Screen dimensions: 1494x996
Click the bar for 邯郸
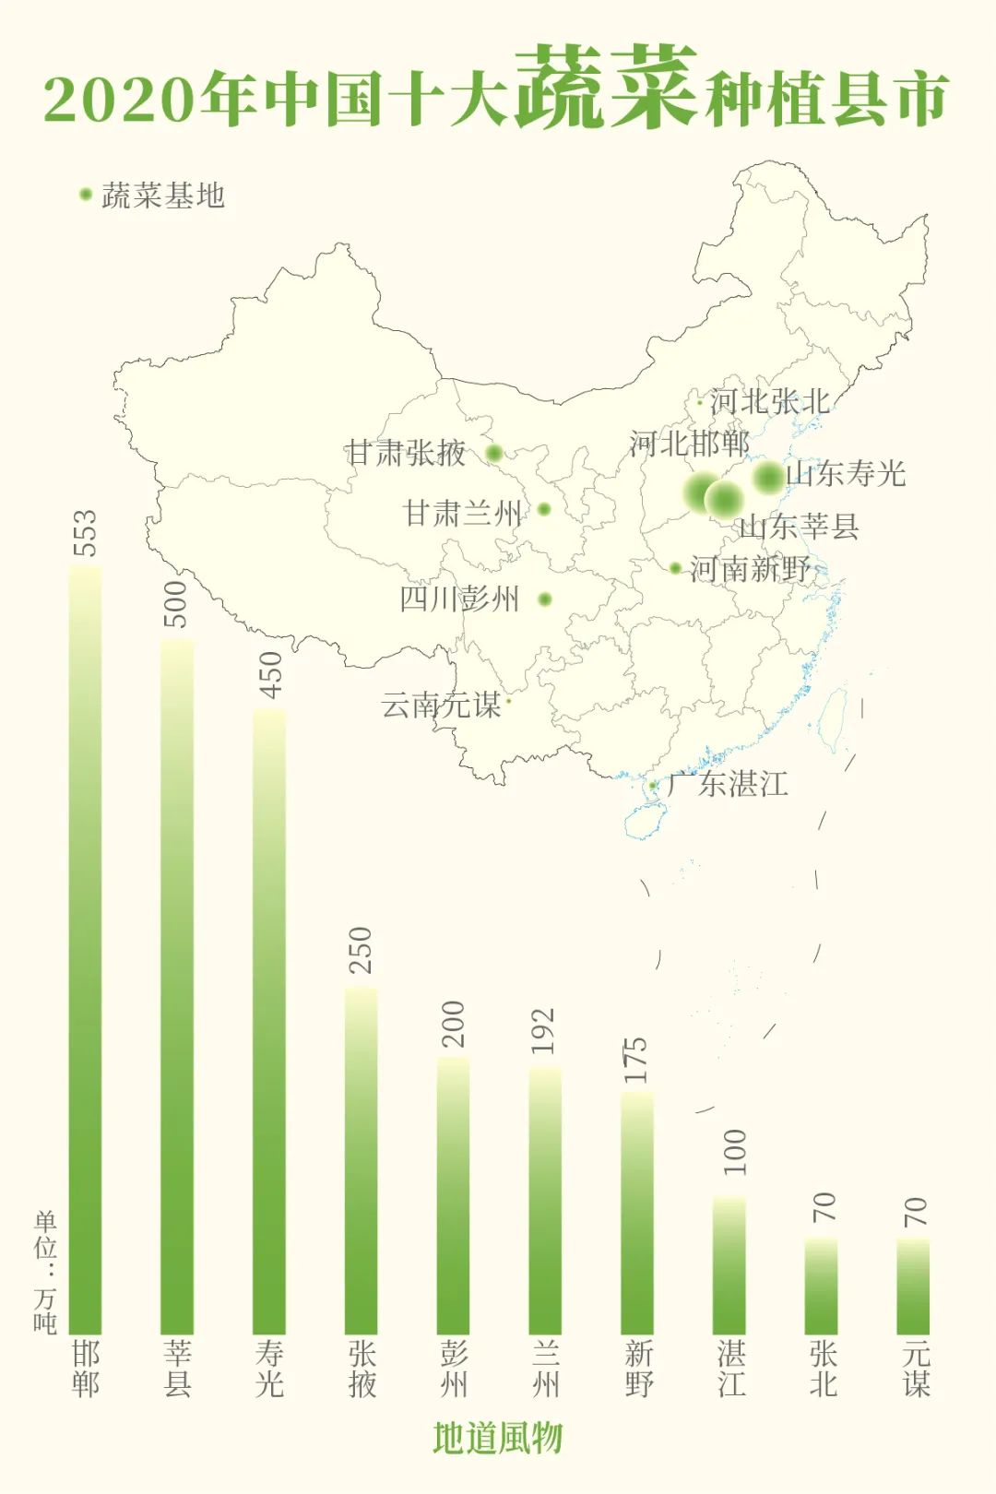point(85,950)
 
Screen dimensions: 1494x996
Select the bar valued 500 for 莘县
point(177,987)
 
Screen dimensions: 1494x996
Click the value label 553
point(84,533)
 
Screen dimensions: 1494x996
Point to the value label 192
point(544,1031)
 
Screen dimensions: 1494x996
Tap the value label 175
point(636,1061)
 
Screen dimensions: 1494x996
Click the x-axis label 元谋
point(916,1369)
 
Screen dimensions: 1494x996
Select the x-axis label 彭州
point(454,1369)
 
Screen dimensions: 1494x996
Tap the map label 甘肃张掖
point(406,453)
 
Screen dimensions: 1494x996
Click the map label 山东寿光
point(846,474)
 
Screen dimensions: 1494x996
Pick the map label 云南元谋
point(441,705)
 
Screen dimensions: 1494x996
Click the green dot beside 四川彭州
point(545,599)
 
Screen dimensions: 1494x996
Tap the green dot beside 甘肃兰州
point(544,509)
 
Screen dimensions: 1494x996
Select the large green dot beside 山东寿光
point(767,477)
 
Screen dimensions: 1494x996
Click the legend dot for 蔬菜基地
point(86,195)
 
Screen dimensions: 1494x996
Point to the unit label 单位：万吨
point(45,1273)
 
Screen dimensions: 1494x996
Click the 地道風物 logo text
point(498,1438)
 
